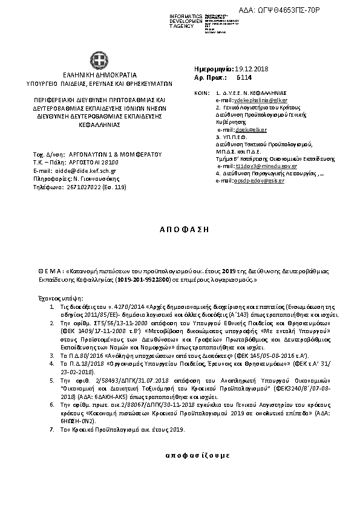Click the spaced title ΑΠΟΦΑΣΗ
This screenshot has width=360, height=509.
(x=180, y=230)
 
